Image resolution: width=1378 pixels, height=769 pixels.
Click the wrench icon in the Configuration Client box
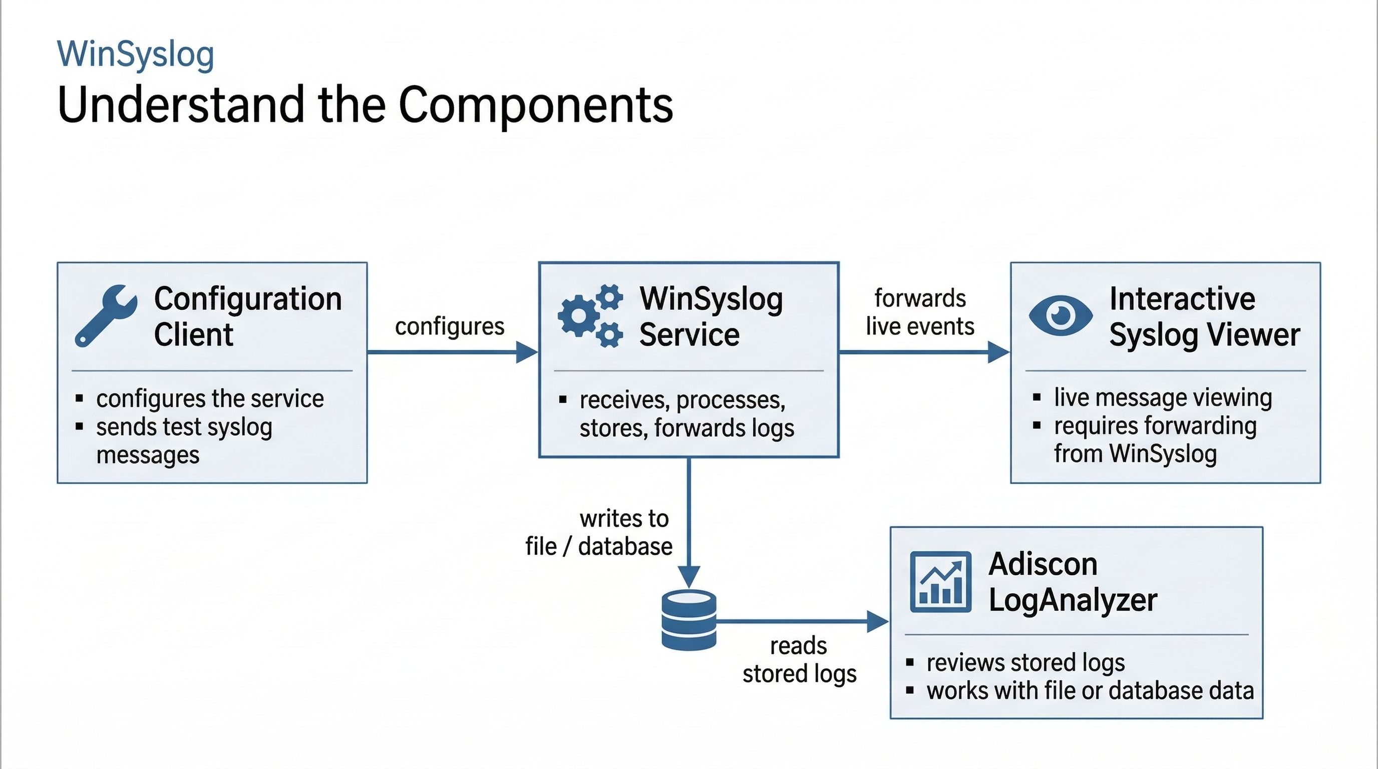tap(105, 315)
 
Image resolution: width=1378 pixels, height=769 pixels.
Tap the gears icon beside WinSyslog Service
tap(590, 316)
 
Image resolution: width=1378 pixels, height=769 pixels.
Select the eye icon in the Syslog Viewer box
tap(1060, 315)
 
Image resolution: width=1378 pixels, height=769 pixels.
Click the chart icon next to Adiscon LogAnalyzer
tap(940, 582)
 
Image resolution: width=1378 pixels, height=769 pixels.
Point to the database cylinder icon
tap(688, 620)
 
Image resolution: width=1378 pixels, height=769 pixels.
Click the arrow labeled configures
tap(452, 352)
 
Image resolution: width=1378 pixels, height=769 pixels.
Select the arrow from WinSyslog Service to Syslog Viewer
tap(923, 352)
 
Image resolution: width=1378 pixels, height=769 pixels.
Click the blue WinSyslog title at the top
tap(135, 54)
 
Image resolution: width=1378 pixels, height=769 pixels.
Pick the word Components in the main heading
tap(535, 105)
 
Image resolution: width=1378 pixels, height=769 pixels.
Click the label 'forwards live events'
tap(920, 312)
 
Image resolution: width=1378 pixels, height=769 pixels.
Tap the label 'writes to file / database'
tap(599, 533)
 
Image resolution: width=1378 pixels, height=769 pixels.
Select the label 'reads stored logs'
tap(799, 660)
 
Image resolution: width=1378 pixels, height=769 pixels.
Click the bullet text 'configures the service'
tap(210, 399)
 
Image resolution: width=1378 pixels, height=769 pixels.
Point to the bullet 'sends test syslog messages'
tap(184, 441)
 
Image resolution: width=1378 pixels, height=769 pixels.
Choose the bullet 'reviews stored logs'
tap(1025, 662)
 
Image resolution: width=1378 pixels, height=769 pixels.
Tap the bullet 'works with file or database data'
tap(1090, 691)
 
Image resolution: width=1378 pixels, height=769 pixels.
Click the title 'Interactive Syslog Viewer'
tap(1204, 316)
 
